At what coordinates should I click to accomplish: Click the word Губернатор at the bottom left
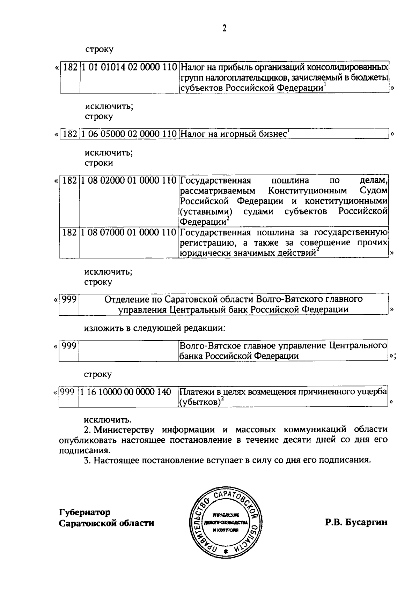pyautogui.click(x=85, y=513)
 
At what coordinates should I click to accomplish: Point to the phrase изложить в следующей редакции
pyautogui.click(x=155, y=328)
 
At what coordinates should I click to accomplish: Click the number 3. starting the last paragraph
pyautogui.click(x=87, y=460)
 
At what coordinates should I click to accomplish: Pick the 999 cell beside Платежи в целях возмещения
pyautogui.click(x=68, y=392)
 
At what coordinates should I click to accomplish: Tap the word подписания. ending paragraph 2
pyautogui.click(x=81, y=450)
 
